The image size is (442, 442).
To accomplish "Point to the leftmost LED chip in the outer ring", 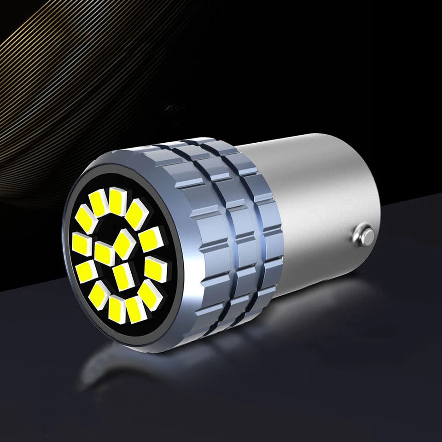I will [81, 244].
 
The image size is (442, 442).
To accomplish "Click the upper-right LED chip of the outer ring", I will [137, 213].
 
